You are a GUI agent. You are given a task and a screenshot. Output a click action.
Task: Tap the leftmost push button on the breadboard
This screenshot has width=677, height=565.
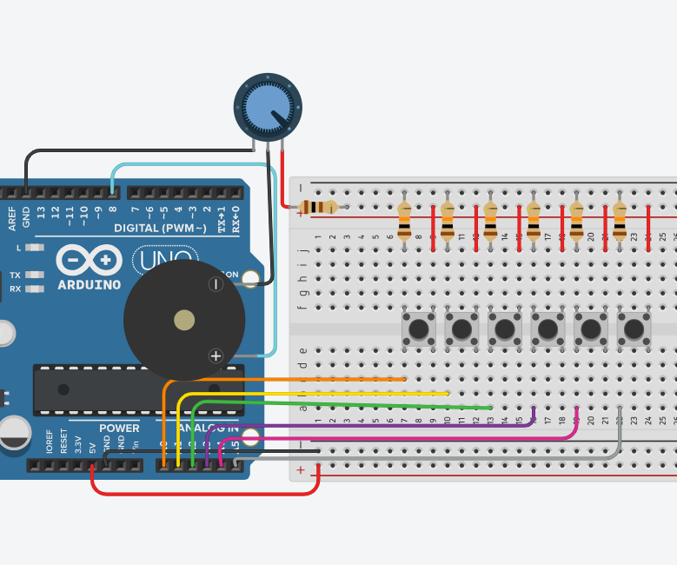[419, 329]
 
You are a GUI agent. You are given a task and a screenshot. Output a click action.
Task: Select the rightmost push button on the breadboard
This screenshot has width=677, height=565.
[634, 329]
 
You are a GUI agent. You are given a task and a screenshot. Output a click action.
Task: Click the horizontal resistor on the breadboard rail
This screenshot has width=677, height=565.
[318, 207]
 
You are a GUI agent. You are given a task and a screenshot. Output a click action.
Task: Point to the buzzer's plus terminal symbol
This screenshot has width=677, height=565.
[216, 355]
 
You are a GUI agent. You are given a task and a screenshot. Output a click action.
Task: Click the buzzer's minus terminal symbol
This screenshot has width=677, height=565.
[216, 283]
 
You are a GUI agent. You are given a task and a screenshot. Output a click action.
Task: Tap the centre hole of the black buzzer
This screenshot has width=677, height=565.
[184, 320]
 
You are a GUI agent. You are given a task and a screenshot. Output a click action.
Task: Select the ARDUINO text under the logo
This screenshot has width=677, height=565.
[89, 284]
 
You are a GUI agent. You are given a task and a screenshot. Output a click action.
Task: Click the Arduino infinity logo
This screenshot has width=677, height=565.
[89, 260]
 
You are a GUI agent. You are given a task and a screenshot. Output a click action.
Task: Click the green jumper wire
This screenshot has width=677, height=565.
[348, 404]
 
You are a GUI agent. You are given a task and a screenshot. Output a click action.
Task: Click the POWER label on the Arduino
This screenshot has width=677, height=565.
[119, 428]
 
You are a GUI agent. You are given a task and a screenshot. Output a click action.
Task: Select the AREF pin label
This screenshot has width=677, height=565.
[12, 218]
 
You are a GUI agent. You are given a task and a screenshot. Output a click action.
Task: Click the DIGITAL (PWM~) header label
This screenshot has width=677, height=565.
[160, 228]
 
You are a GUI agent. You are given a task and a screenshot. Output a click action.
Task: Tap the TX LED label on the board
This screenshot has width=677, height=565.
[15, 275]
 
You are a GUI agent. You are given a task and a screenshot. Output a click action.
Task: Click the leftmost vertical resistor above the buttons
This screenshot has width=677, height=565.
[404, 222]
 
